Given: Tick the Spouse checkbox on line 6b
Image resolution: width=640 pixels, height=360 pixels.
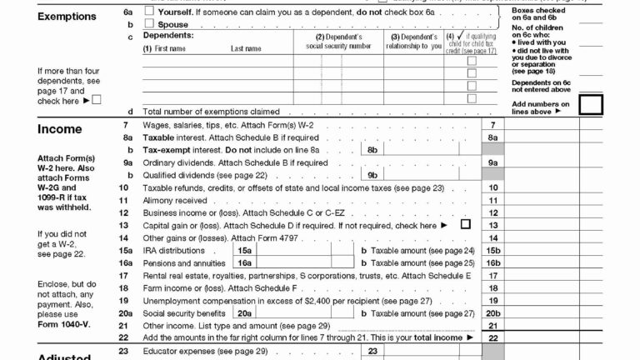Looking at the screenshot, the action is tap(149, 25).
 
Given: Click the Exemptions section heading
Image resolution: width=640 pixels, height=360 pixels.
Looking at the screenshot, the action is tap(66, 16).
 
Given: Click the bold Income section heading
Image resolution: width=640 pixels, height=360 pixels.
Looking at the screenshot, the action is tap(59, 129).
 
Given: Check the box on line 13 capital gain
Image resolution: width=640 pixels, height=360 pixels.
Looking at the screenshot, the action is tap(465, 224).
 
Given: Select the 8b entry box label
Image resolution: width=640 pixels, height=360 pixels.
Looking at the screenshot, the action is tap(372, 150).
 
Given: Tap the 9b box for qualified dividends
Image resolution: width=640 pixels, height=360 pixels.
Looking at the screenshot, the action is tap(372, 176).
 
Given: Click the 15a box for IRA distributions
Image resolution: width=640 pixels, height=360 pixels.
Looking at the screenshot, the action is tap(244, 250).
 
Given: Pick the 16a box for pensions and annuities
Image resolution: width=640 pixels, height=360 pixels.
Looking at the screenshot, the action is tap(244, 262).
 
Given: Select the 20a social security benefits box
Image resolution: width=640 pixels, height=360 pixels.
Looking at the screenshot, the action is tap(244, 312).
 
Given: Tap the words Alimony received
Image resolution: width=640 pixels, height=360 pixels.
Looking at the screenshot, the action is tap(175, 200).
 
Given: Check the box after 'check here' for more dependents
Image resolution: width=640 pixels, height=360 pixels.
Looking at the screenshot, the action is tap(97, 101).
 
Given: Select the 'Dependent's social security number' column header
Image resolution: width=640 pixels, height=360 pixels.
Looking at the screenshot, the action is tap(338, 41).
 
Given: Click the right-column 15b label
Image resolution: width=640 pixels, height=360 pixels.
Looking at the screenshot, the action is tap(493, 250).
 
